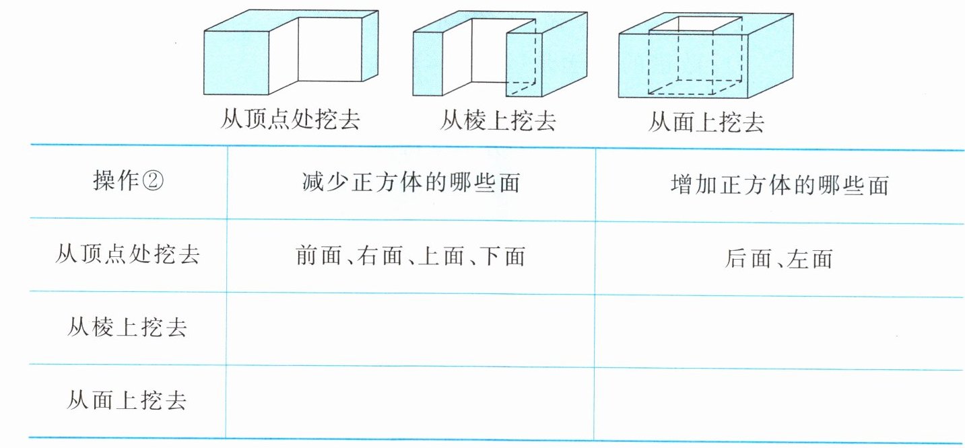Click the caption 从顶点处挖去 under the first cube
tap(290, 120)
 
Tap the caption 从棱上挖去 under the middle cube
tap(498, 120)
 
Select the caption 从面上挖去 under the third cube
tap(706, 122)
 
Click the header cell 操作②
tap(128, 182)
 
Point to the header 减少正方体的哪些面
tap(411, 183)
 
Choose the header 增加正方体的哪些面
tap(780, 184)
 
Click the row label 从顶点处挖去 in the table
tap(127, 255)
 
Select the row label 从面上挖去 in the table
tap(127, 401)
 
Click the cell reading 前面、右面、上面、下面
tap(410, 256)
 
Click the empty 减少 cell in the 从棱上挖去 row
tap(410, 328)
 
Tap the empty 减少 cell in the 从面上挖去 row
tap(409, 402)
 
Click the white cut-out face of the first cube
tap(330, 50)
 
